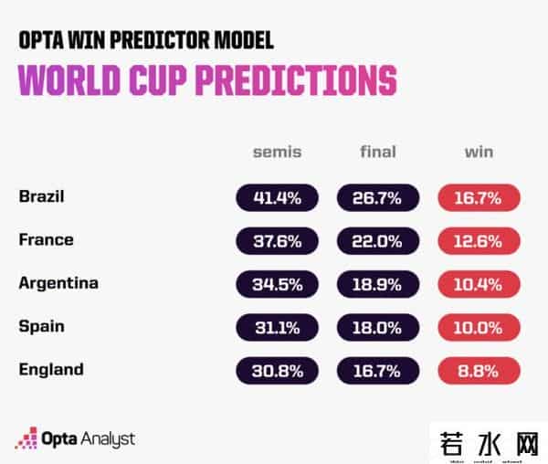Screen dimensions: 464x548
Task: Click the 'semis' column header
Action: pos(277,152)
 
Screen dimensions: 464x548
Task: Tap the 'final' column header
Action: pos(377,152)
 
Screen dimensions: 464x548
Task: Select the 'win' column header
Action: pos(479,152)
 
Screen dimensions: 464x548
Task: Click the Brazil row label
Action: pos(42,196)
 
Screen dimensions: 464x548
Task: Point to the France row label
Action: pos(46,240)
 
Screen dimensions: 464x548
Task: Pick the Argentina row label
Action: pos(58,283)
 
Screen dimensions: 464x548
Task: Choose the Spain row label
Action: pos(41,326)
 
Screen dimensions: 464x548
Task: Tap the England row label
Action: pos(50,370)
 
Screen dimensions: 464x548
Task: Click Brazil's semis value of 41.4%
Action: pos(277,197)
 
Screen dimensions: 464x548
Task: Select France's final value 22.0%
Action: pos(377,241)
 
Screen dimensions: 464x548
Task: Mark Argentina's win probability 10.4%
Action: pos(479,284)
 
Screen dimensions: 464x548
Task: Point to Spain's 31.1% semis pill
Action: pos(277,327)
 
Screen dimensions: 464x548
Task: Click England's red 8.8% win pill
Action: pos(479,371)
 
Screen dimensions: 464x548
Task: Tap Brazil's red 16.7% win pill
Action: pos(479,197)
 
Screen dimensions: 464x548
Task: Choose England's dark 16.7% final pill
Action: pos(377,371)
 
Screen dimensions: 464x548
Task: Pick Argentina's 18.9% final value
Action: pos(377,284)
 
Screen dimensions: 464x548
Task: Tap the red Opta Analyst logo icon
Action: pos(25,438)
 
